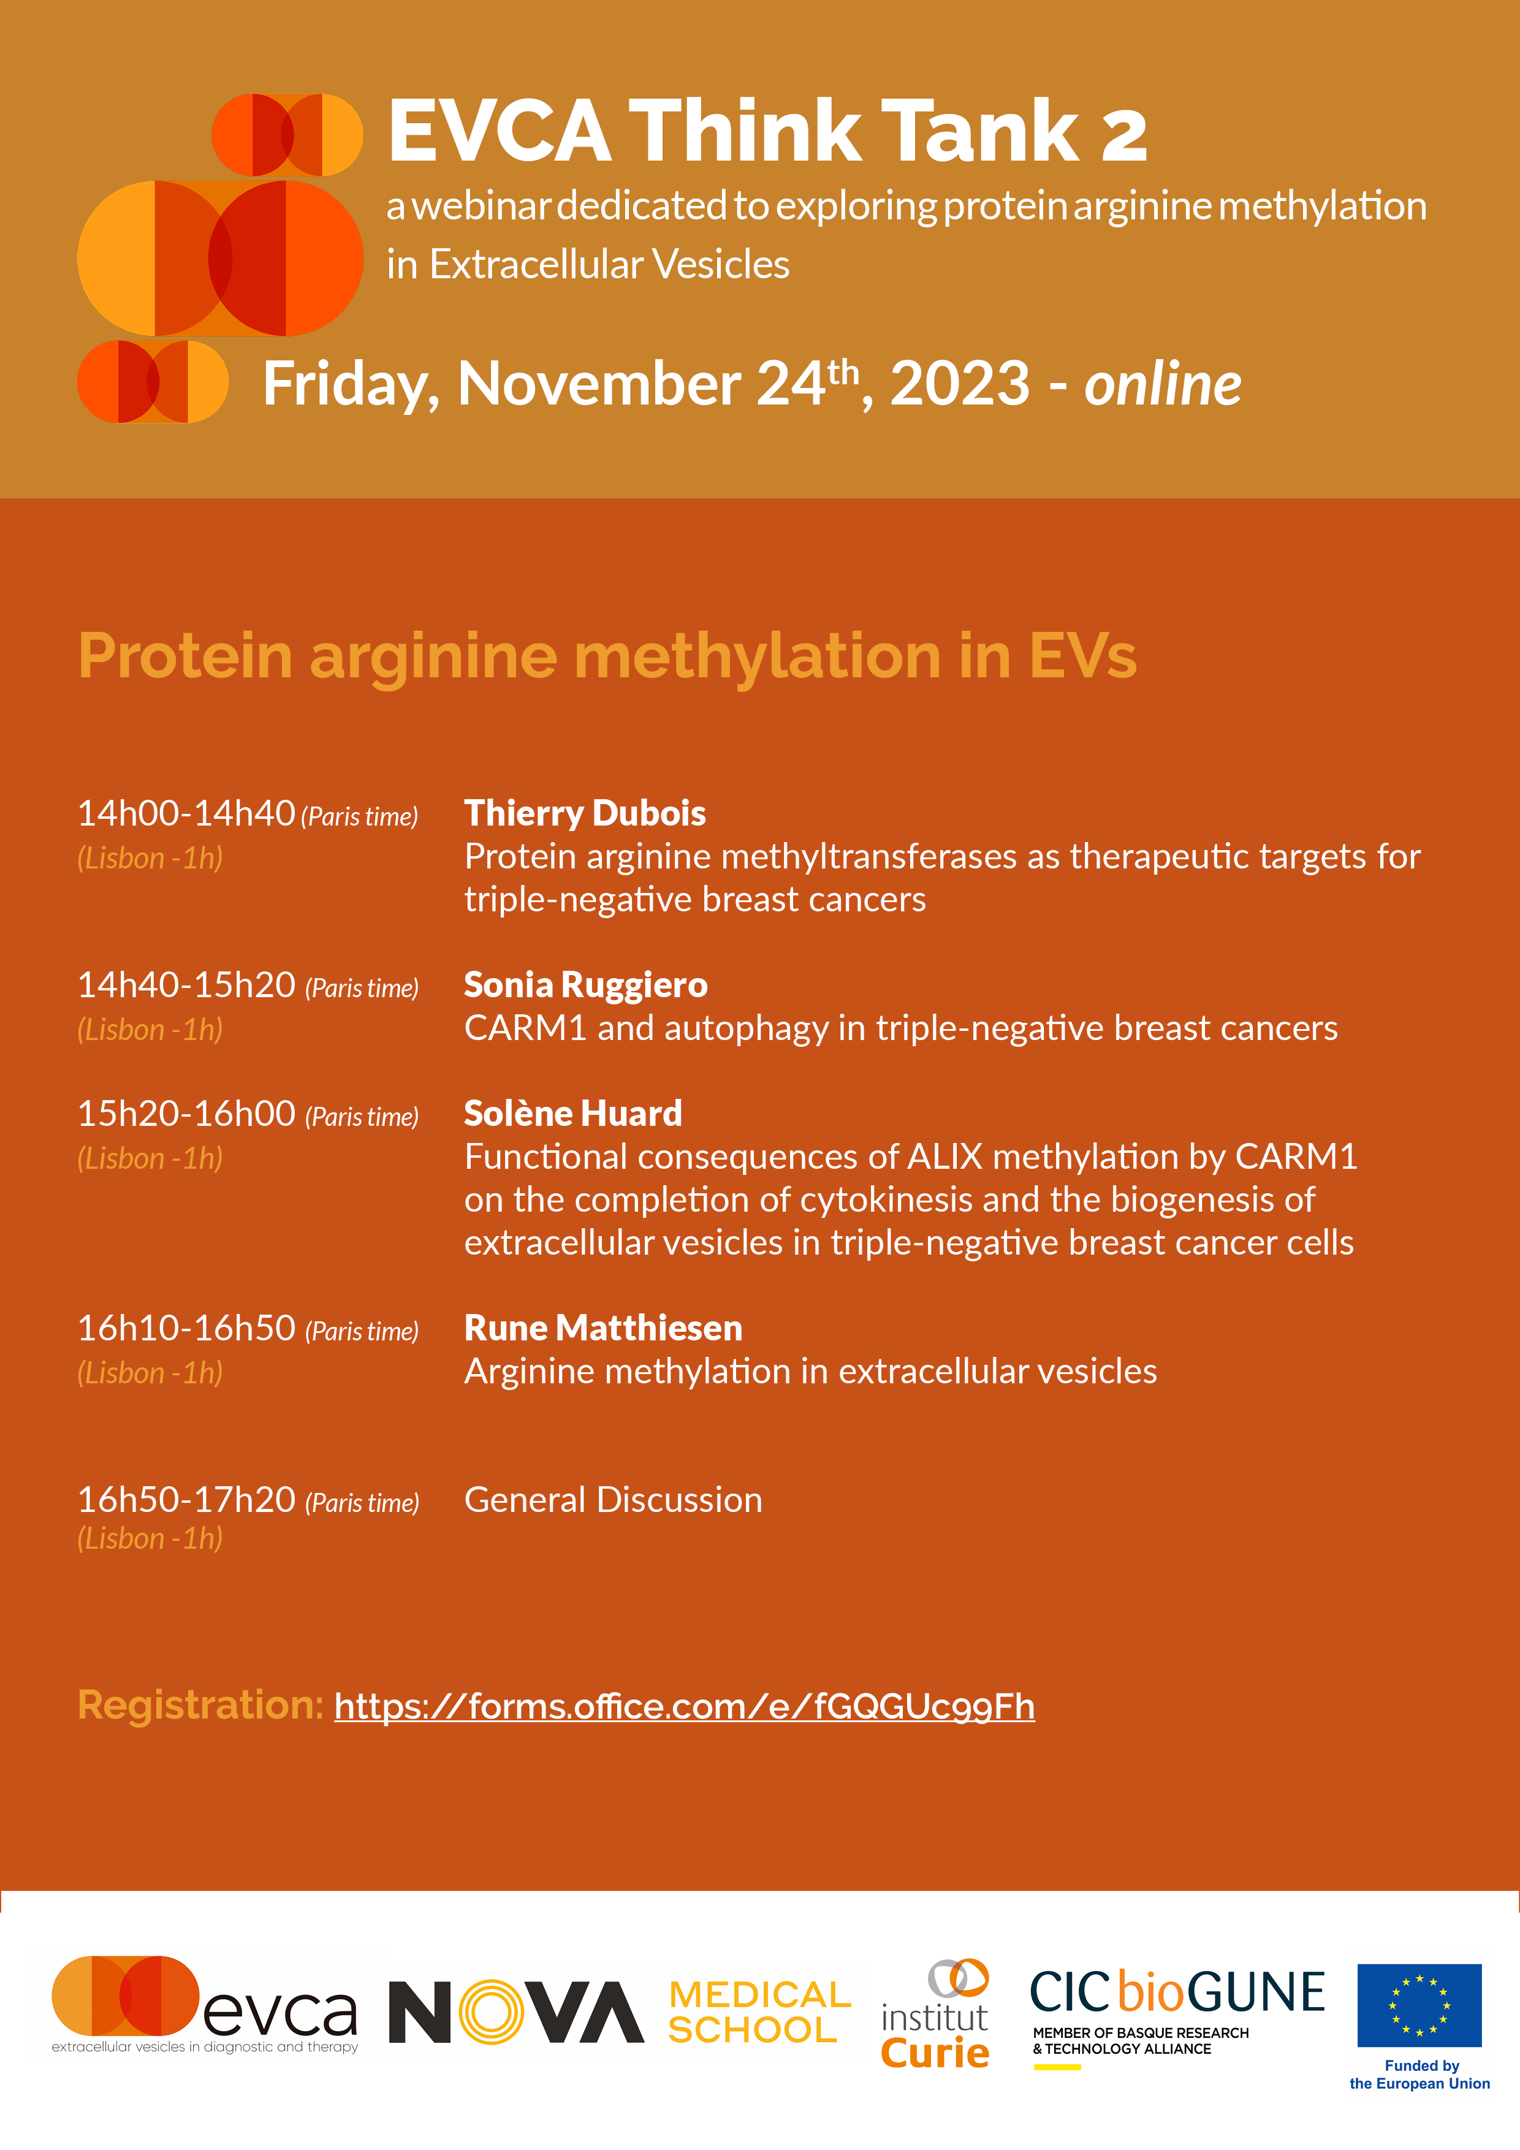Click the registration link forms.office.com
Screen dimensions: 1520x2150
click(685, 1706)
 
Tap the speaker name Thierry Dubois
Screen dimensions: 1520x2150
click(584, 813)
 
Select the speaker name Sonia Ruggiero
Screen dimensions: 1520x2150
click(585, 985)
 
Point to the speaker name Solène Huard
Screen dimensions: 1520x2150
click(573, 1114)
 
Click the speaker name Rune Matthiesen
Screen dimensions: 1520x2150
click(603, 1328)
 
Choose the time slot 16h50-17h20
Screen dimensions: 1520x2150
click(186, 1500)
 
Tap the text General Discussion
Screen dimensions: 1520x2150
click(614, 1500)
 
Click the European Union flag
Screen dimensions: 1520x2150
click(1419, 2006)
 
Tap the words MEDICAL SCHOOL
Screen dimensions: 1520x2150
click(759, 2011)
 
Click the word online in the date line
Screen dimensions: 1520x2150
click(1162, 385)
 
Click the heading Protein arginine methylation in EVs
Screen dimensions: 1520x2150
click(607, 656)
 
